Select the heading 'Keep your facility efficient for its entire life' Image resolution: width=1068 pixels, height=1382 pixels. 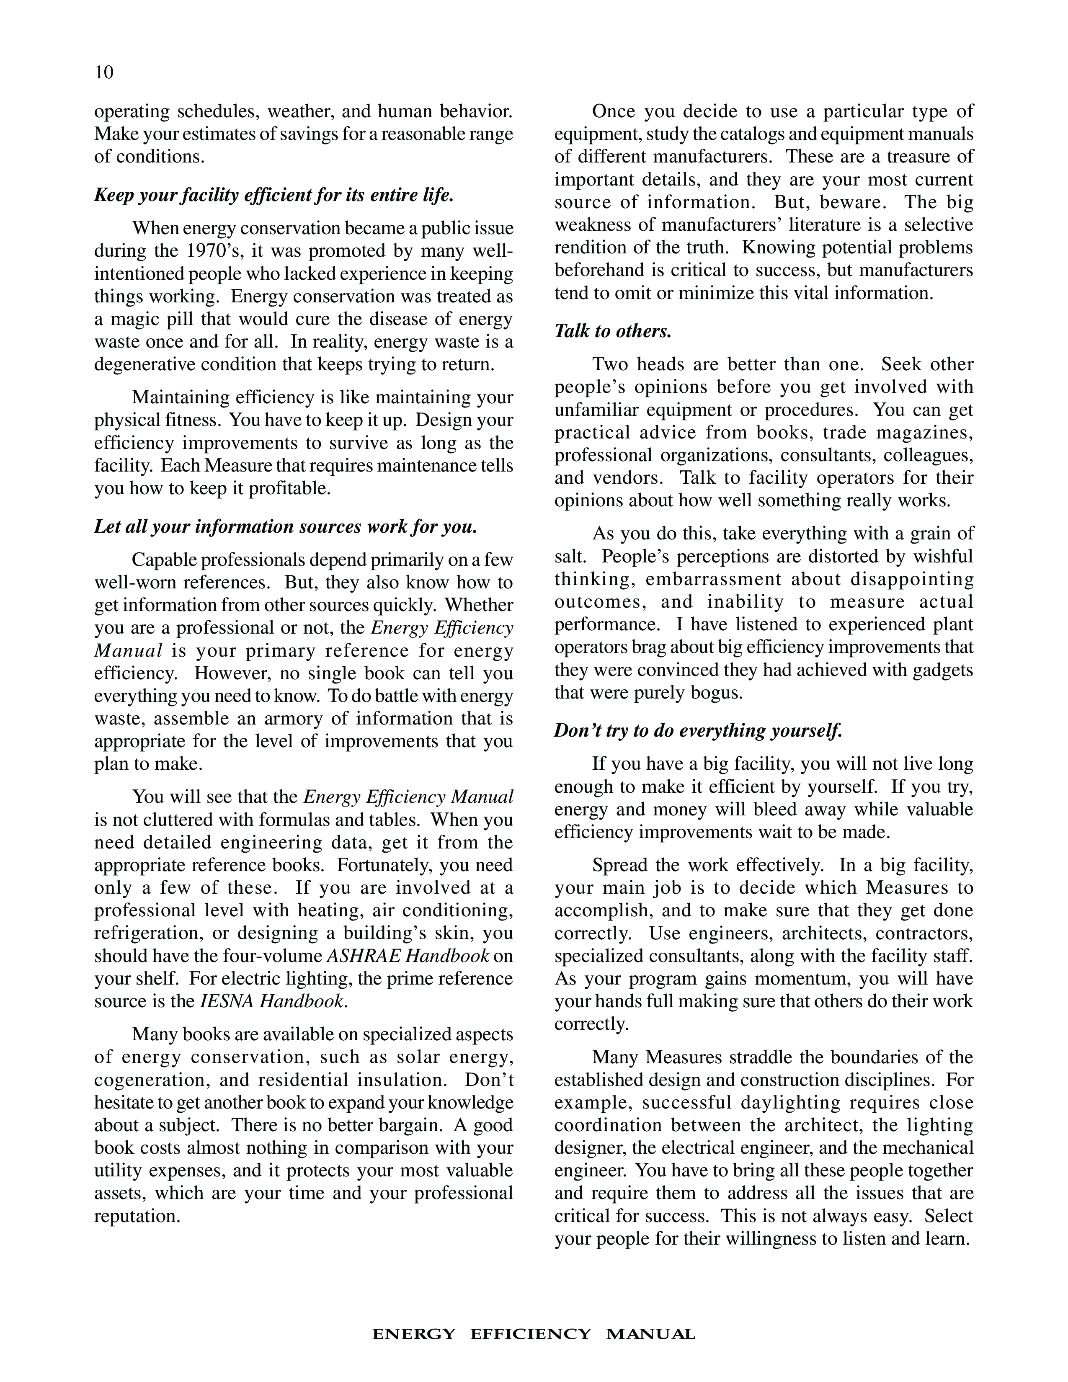click(274, 195)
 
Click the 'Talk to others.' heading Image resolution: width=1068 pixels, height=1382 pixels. click(612, 331)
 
